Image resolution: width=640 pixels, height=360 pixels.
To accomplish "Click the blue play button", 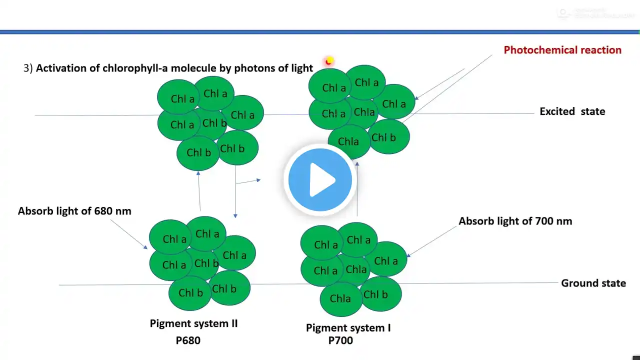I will pos(320,179).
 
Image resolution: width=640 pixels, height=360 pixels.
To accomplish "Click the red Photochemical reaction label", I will pos(562,50).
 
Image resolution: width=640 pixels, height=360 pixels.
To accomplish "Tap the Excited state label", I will pos(572,111).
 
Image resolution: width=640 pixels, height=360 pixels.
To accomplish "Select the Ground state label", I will pos(593,283).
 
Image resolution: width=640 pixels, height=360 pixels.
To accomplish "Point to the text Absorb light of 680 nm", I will pos(74,211).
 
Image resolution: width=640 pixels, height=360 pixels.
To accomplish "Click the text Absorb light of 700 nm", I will pos(515,221).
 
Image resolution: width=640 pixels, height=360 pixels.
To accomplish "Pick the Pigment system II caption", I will pos(193,323).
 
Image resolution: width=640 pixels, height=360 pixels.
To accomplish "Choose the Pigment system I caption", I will pos(348,328).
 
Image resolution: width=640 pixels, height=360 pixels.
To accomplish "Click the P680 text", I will pos(188,340).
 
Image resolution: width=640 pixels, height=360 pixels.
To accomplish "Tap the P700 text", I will pos(340,340).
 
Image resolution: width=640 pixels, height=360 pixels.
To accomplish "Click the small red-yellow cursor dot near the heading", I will pos(329,61).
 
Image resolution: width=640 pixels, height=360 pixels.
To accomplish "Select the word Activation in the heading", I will pos(59,68).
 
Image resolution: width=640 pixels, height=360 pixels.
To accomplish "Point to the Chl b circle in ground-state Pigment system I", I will pos(380,294).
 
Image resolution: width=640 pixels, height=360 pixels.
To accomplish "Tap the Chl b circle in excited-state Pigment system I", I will pos(388,137).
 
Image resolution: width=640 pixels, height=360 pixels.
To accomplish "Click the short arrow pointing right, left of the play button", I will pos(248,181).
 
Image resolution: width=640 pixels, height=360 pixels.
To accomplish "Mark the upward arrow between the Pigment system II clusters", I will pos(199,190).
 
